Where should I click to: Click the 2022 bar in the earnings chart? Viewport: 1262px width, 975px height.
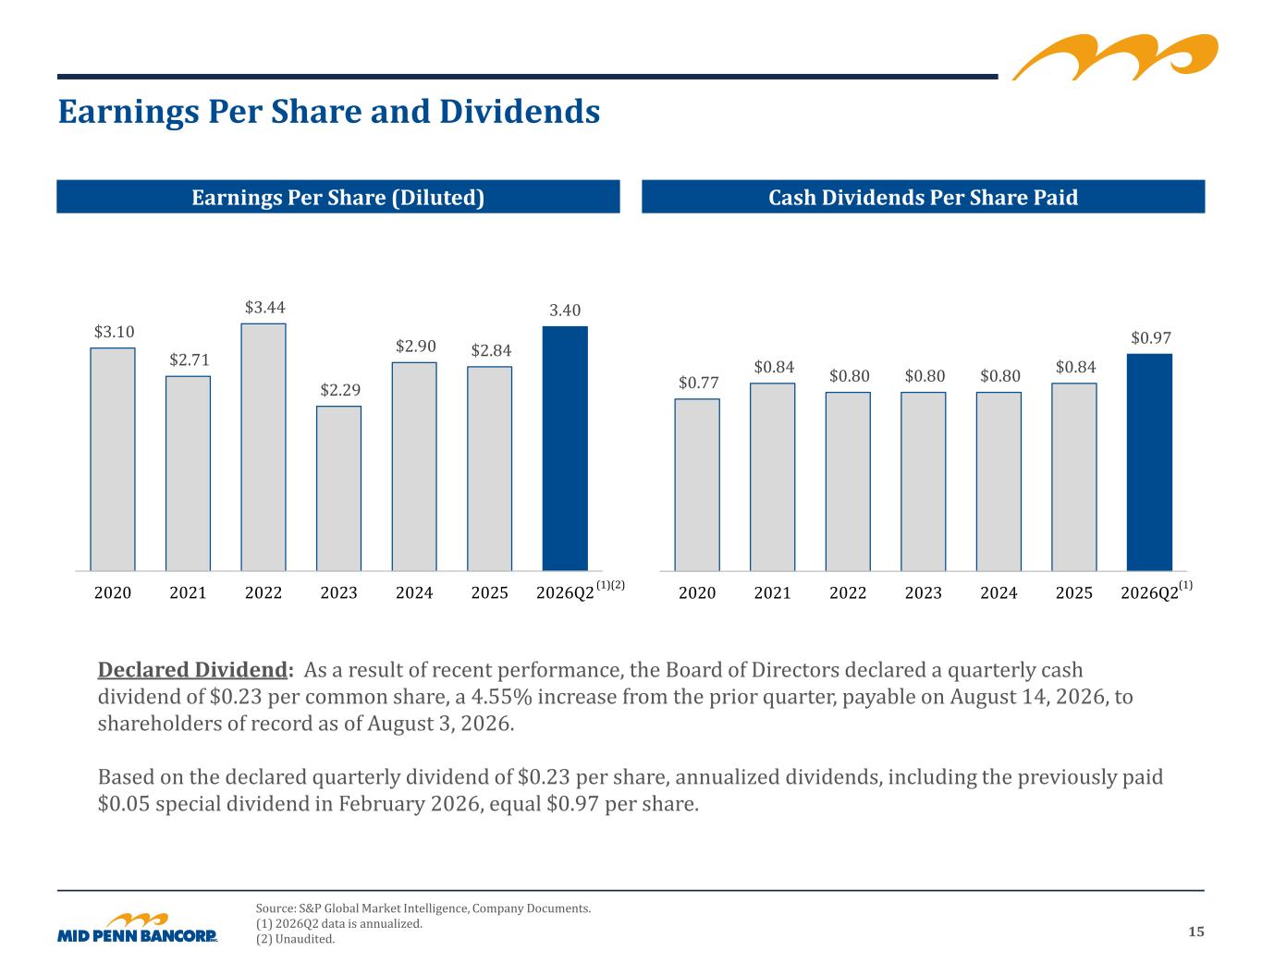tap(263, 447)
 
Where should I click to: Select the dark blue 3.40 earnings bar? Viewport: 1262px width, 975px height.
tap(565, 448)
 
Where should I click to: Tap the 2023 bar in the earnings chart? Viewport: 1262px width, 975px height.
tap(338, 488)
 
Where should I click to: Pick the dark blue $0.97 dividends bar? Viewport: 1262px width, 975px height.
tap(1149, 462)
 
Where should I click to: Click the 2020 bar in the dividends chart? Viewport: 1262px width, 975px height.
tap(697, 484)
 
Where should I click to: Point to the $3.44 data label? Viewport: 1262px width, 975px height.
tap(264, 307)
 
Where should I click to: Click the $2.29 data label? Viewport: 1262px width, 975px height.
tap(340, 389)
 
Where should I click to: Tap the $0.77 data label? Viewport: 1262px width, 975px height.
tap(699, 383)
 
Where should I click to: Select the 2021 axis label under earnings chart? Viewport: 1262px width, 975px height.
tap(188, 592)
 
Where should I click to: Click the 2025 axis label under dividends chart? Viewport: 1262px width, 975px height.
tap(1073, 592)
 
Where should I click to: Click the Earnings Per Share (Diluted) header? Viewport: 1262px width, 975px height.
tap(338, 197)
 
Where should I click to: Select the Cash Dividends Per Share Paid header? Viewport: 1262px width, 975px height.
tap(923, 197)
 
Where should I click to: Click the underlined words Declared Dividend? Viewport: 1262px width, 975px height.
tap(192, 670)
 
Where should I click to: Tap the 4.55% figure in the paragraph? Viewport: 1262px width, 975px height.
tap(501, 697)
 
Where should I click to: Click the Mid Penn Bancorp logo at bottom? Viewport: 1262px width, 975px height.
tap(138, 928)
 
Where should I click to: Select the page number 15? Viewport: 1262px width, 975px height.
tap(1195, 932)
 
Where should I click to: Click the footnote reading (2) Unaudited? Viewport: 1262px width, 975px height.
tap(296, 939)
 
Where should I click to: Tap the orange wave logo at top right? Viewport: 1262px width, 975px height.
tap(1115, 56)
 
